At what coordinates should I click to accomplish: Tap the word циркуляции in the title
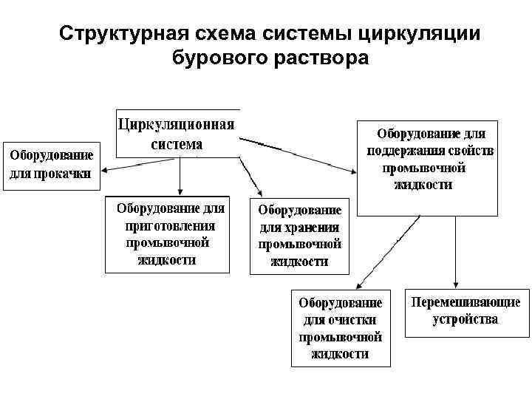click(x=419, y=34)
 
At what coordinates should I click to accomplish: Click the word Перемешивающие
click(x=465, y=302)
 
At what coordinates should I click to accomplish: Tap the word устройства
click(x=465, y=319)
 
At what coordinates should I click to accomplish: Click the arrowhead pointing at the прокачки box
click(x=105, y=171)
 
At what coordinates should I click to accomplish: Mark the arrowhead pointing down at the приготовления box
click(x=180, y=191)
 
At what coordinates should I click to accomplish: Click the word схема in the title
click(x=230, y=34)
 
